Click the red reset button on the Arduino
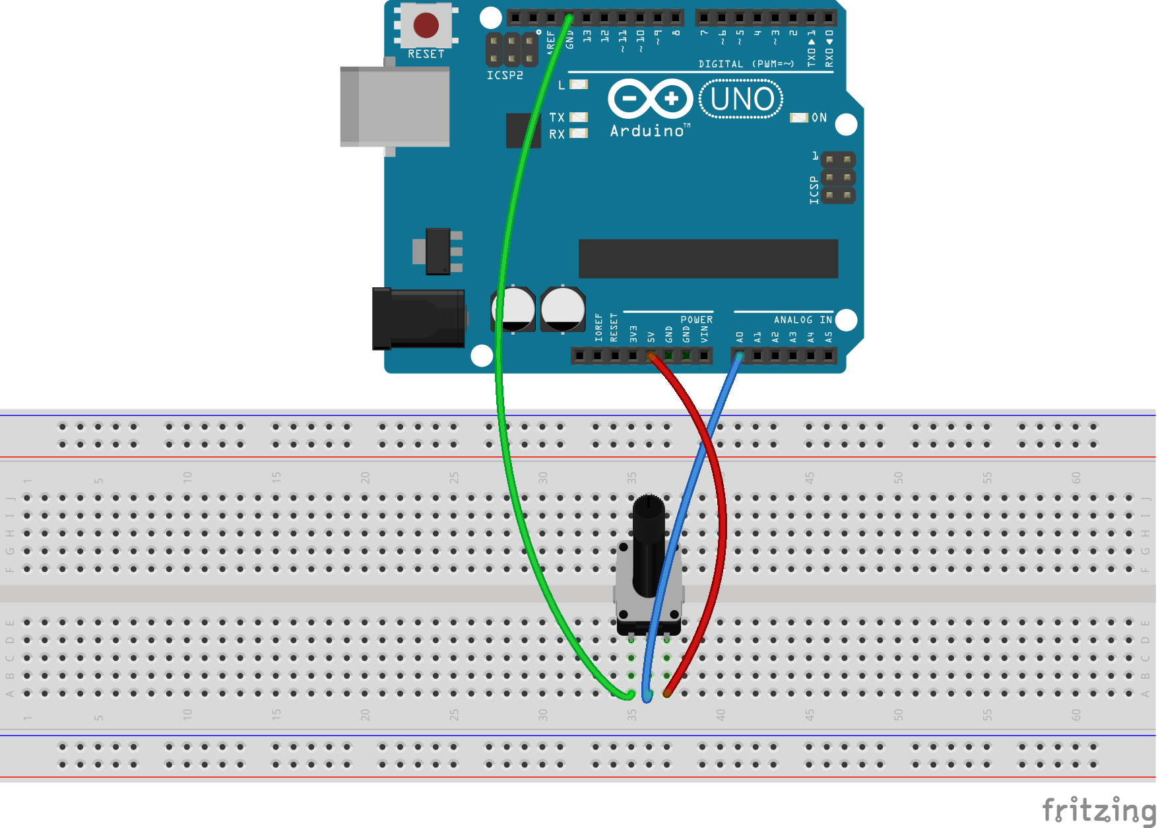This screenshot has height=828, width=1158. coord(426,25)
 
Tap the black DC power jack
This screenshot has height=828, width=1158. coord(418,319)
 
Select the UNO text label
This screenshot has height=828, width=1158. coord(742,100)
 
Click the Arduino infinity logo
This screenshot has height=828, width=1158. coord(650,99)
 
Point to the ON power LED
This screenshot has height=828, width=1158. coord(799,118)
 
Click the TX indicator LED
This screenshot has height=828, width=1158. coord(579,118)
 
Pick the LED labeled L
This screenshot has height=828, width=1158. coord(579,85)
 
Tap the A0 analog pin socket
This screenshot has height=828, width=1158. coord(740,357)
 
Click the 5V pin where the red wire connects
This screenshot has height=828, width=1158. coord(651,357)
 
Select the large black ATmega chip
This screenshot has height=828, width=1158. coord(708,259)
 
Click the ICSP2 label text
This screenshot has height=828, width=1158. coord(505,75)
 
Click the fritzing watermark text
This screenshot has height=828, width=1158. coord(1099,810)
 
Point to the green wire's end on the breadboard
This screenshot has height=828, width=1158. coord(630,694)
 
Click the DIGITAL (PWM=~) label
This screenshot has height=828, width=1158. coord(746,64)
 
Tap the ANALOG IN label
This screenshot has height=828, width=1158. coord(802,320)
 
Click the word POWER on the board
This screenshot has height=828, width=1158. coord(696,320)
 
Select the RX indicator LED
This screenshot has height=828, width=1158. coord(579,133)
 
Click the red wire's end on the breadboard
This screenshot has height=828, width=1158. coord(667,693)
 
